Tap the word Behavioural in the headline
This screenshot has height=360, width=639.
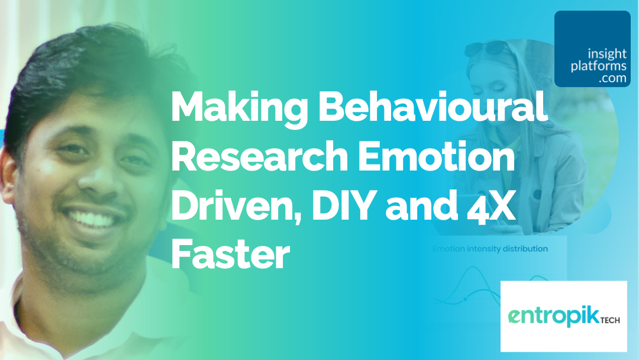pyautogui.click(x=433, y=105)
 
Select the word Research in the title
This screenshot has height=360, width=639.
pyautogui.click(x=259, y=156)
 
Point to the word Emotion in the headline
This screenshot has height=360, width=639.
pyautogui.click(x=436, y=156)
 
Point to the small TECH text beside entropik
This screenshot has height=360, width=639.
pyautogui.click(x=610, y=320)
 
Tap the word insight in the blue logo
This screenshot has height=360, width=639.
pyautogui.click(x=607, y=54)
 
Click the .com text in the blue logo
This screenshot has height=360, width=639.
pyautogui.click(x=612, y=78)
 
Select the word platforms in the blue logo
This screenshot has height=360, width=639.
pyautogui.click(x=598, y=66)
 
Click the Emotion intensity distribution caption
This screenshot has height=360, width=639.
pyautogui.click(x=490, y=249)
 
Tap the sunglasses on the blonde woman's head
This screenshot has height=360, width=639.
pyautogui.click(x=485, y=48)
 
